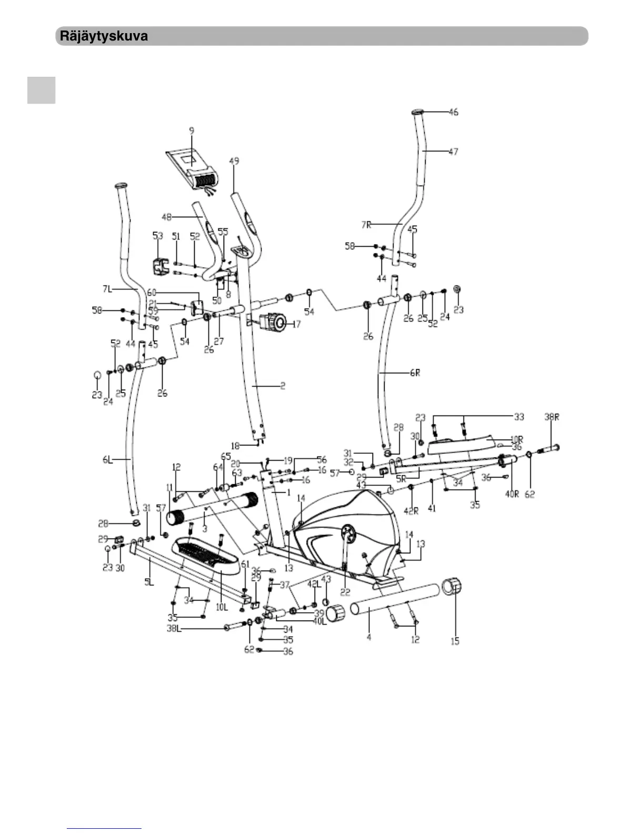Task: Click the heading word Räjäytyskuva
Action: coord(104,36)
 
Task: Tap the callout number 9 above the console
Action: coord(192,129)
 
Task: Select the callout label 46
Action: coord(453,112)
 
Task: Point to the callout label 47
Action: coord(453,151)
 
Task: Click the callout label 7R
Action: coord(366,225)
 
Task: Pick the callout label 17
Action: coord(296,324)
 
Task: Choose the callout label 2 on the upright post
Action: coord(283,386)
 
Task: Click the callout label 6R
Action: coord(415,373)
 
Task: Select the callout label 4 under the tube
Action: coord(369,637)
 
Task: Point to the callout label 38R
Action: coord(551,417)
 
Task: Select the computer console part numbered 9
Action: coord(192,168)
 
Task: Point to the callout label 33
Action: coord(519,417)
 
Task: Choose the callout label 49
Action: coord(234,161)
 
